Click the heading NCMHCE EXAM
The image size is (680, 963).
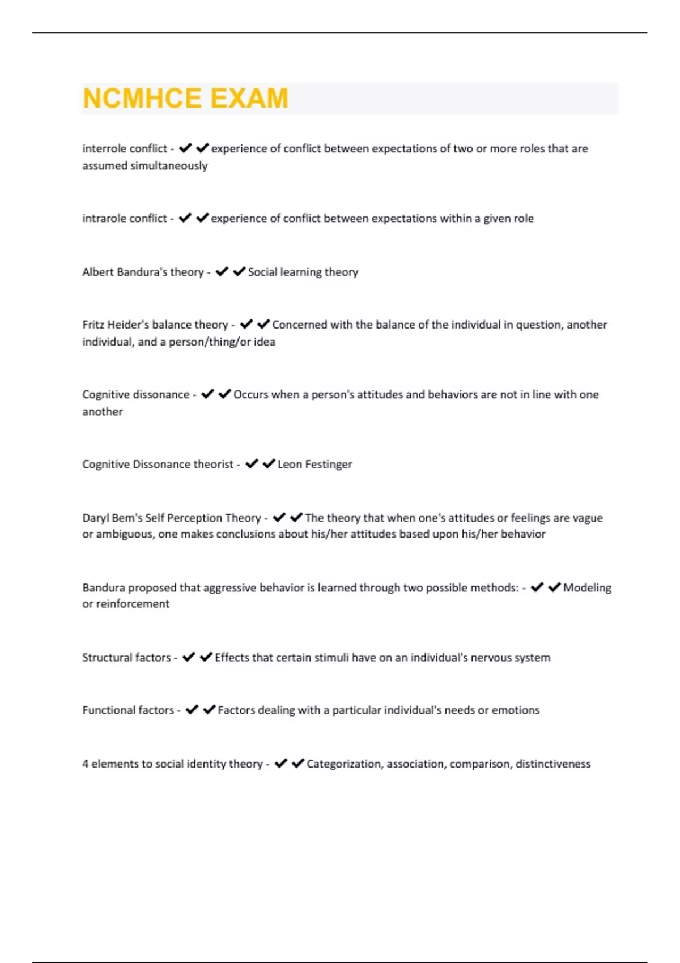tap(185, 99)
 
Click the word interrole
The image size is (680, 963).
tap(105, 148)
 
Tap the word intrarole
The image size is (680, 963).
tap(105, 218)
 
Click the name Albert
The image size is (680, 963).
tap(97, 272)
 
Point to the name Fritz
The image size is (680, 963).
tap(93, 325)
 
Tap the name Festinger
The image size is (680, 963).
tap(328, 465)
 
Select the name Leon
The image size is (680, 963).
tap(290, 465)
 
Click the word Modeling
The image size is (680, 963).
tap(587, 588)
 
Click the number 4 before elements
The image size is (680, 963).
tap(86, 764)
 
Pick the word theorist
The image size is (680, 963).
tap(213, 465)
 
